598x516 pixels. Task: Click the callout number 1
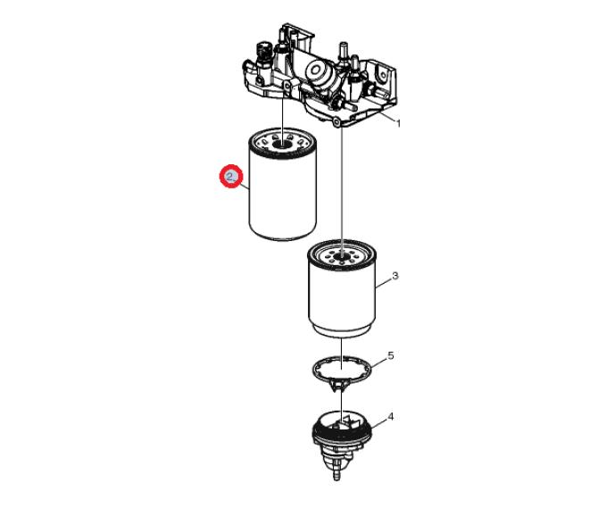[x=399, y=123]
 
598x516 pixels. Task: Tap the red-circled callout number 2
[x=230, y=177]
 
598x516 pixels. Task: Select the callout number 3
[x=395, y=275]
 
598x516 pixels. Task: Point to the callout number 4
[x=391, y=417]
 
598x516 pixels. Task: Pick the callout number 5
[x=391, y=356]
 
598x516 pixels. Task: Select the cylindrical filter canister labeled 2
[x=283, y=184]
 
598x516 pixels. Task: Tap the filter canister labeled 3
[x=342, y=288]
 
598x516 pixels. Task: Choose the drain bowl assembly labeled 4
[x=342, y=445]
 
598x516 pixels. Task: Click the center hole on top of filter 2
[x=282, y=145]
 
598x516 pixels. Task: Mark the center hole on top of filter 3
[x=342, y=254]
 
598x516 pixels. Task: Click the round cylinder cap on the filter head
[x=316, y=71]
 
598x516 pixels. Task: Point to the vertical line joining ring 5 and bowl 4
[x=342, y=404]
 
